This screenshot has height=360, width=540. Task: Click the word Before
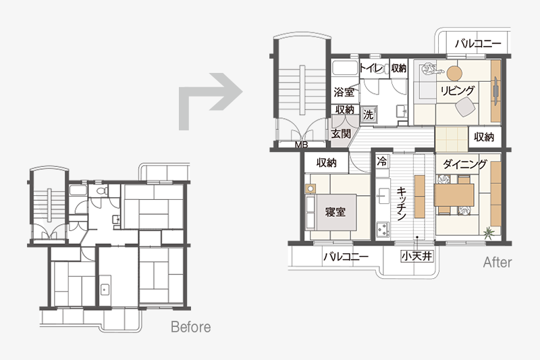(x=191, y=327)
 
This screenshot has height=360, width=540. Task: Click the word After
(x=497, y=263)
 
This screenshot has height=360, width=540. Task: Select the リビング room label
(x=458, y=91)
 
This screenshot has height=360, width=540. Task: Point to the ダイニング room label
(x=465, y=164)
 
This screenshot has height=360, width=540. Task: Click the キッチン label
(x=401, y=203)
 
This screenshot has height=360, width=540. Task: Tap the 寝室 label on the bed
(x=335, y=211)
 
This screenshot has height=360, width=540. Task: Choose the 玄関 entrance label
(x=341, y=134)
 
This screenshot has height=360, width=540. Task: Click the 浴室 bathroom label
(x=344, y=92)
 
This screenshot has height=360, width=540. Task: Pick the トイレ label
(x=371, y=68)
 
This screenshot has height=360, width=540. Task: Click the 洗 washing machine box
(x=368, y=115)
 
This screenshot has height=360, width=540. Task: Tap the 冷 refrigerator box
(x=382, y=161)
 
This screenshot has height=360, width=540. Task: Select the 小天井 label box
(x=416, y=256)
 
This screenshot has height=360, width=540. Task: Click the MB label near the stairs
(x=301, y=145)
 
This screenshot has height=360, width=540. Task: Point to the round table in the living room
(x=454, y=73)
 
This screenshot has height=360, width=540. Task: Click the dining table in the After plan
(x=454, y=195)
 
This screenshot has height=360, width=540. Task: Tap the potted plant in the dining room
(x=488, y=232)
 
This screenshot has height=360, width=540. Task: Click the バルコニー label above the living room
(x=478, y=44)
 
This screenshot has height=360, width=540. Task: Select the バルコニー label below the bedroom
(x=346, y=257)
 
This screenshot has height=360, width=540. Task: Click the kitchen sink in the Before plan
(x=105, y=290)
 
